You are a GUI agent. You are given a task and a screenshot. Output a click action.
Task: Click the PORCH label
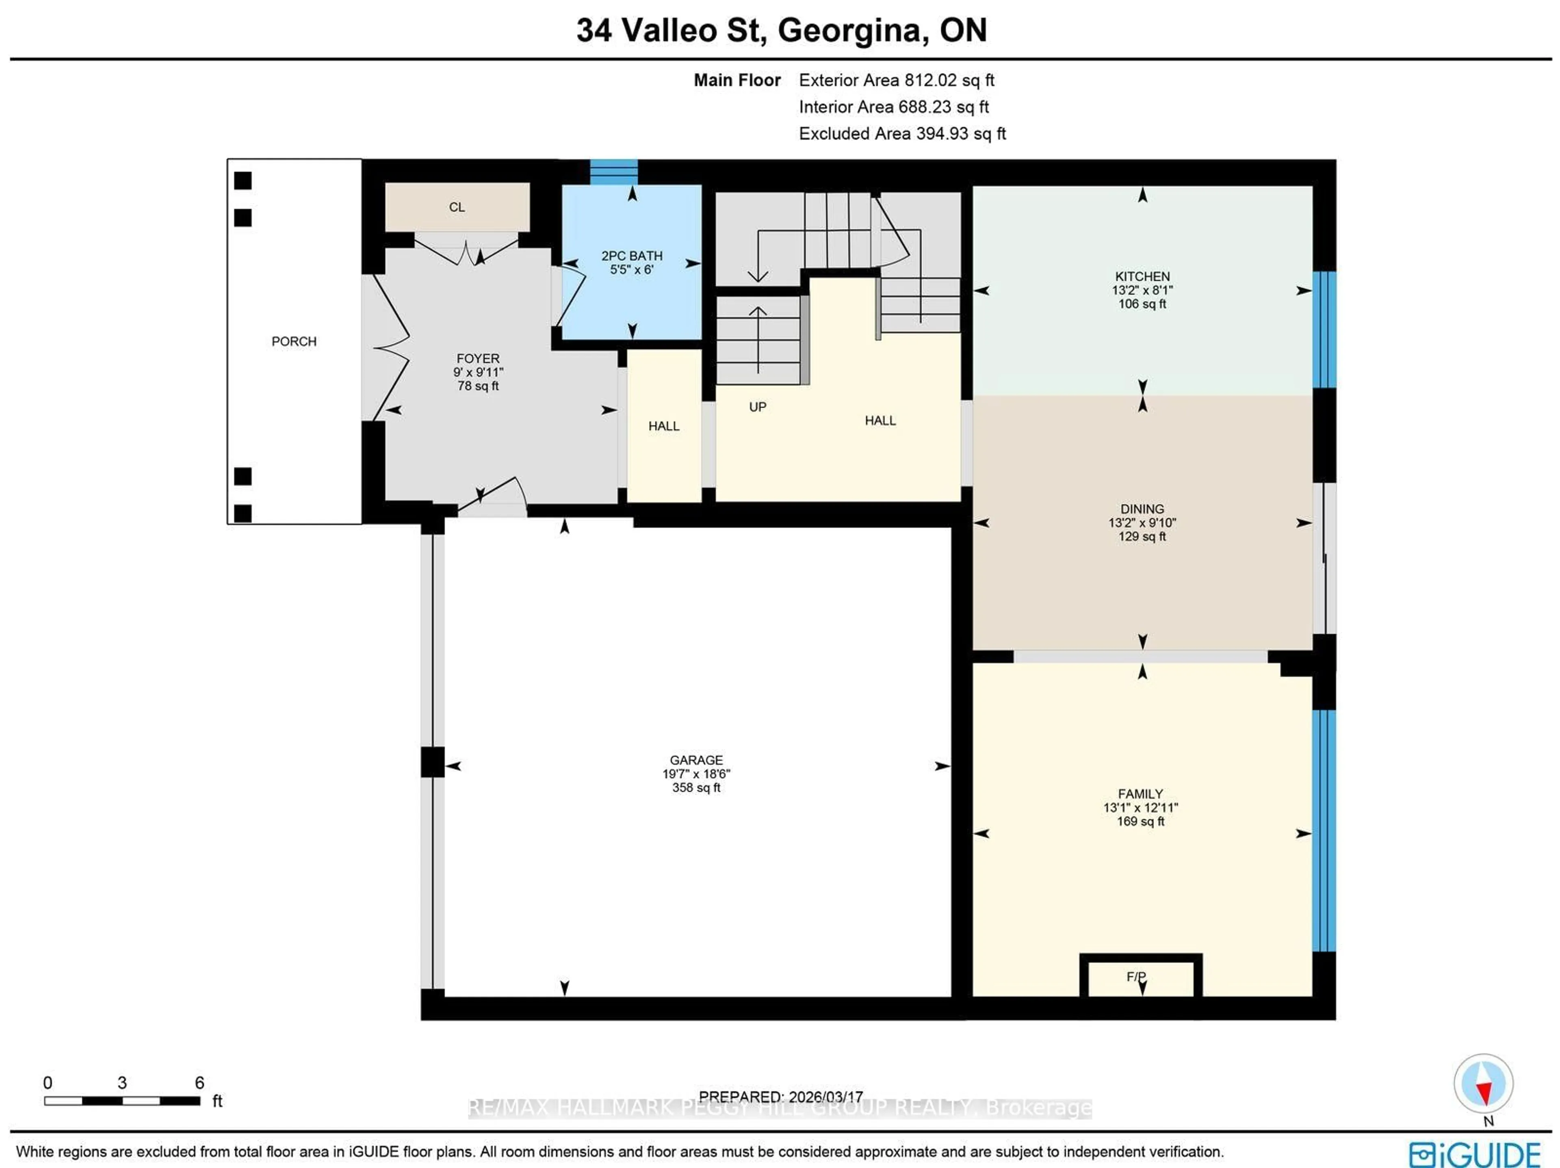(x=294, y=341)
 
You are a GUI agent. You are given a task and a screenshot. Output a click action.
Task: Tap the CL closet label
(x=457, y=207)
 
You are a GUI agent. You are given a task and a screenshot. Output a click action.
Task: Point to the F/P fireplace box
(x=1140, y=977)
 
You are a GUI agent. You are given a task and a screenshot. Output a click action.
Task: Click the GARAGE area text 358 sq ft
(x=696, y=788)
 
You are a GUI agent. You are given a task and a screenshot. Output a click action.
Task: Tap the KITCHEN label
(x=1142, y=277)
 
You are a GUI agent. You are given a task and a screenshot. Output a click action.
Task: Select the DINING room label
(x=1142, y=509)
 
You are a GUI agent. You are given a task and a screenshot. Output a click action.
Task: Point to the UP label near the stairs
(x=757, y=407)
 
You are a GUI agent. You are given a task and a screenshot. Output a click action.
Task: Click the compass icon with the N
(x=1483, y=1083)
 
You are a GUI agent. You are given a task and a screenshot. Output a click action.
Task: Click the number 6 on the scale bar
(x=199, y=1083)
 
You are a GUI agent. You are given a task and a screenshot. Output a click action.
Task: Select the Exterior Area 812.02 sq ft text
(x=896, y=80)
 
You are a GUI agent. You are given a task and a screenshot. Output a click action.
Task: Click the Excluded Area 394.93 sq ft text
(x=902, y=134)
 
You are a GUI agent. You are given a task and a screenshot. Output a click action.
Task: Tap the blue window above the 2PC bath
(x=613, y=171)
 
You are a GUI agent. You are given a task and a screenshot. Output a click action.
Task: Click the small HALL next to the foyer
(x=664, y=426)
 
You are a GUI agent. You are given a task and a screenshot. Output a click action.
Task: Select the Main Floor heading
(x=737, y=80)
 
